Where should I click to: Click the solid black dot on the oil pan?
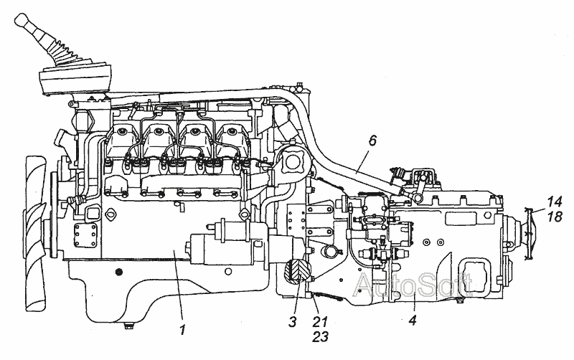point(119,270)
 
